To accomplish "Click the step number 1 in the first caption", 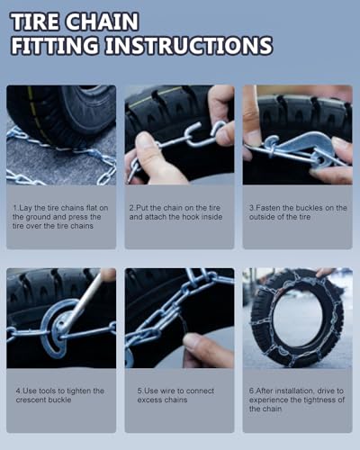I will (x=15, y=208).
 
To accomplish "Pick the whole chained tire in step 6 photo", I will (x=296, y=317).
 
